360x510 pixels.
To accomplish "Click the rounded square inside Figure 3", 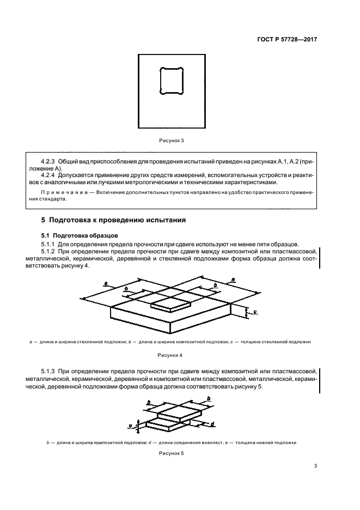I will point(172,81).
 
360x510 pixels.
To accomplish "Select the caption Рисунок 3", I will point(172,141).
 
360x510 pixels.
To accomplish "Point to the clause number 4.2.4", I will point(50,175).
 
